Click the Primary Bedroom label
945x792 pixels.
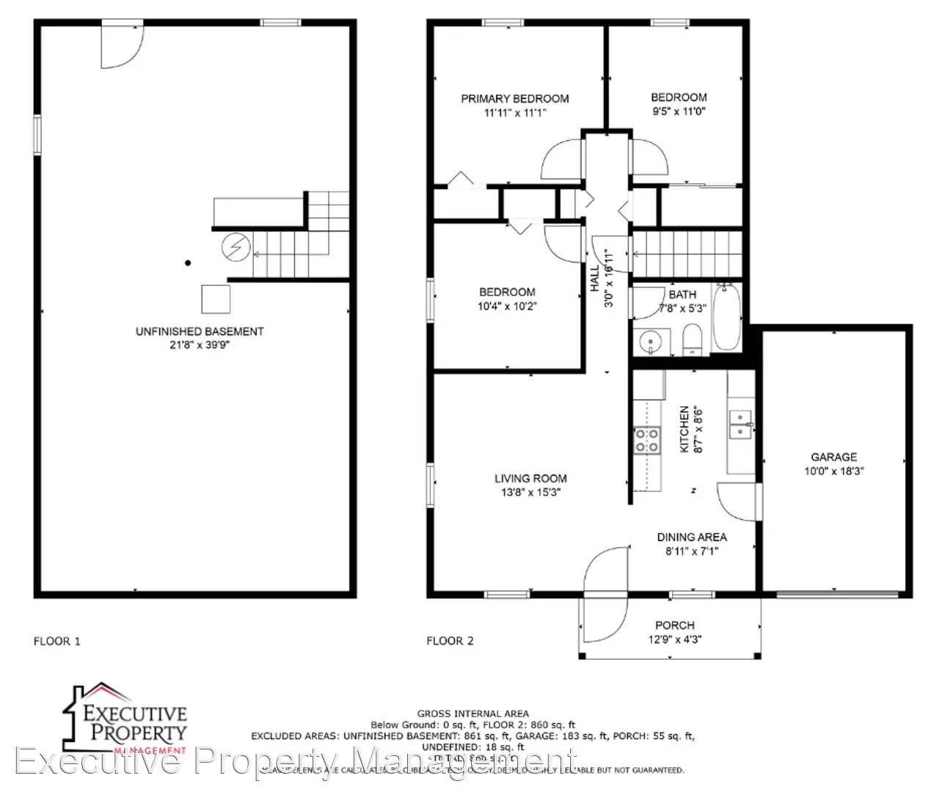pos(514,98)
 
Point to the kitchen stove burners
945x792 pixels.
pos(646,440)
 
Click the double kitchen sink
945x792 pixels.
pos(740,424)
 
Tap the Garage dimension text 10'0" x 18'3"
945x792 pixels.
pos(833,472)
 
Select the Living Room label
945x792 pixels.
pos(530,478)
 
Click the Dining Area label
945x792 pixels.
pos(691,537)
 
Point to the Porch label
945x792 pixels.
pos(674,625)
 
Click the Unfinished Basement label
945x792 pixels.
pos(200,331)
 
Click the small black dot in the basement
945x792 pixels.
pos(188,263)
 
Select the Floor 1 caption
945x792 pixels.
pos(57,641)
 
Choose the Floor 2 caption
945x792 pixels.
pos(450,641)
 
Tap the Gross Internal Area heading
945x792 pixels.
pos(472,713)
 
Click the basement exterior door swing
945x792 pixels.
pos(119,45)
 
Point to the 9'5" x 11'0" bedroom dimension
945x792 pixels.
pos(679,111)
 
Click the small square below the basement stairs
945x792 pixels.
pos(216,298)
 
